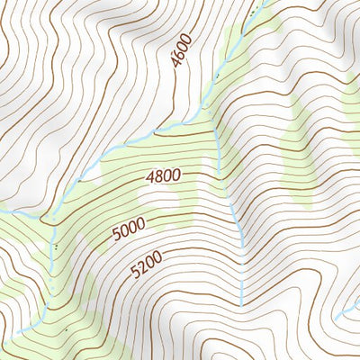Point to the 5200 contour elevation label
coord(146,265)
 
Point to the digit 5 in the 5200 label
coord(133,272)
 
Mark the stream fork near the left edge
coord(43,216)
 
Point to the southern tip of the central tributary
coord(241,304)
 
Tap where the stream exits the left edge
coord(2,210)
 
